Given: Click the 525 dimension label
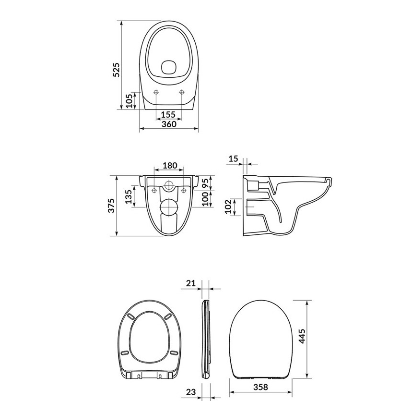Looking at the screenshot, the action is (x=116, y=70).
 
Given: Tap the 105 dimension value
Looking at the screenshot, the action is (x=129, y=101).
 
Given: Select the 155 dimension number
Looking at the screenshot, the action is (x=168, y=115).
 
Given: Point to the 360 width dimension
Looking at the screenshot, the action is (x=169, y=124).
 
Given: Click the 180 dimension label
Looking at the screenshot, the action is (x=170, y=166).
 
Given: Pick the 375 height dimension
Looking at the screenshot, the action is (x=111, y=206).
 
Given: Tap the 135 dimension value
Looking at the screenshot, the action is (x=129, y=196).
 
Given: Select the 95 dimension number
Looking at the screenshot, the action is (x=205, y=182).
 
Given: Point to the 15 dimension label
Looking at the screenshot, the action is (x=233, y=159).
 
